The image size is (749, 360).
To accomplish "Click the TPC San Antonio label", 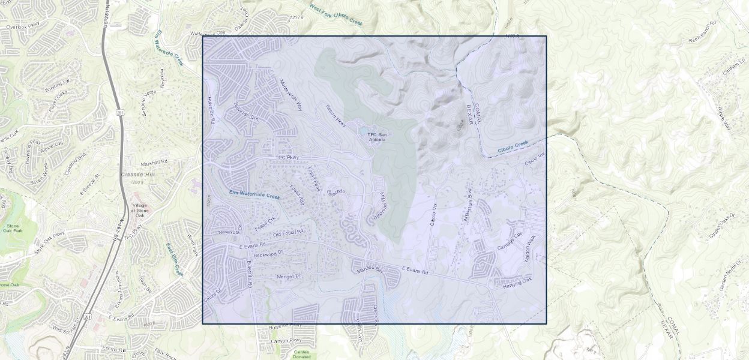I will pos(377,137).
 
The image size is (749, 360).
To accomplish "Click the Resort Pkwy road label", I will pos(335,116).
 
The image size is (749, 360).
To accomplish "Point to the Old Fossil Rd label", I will pos(288,232).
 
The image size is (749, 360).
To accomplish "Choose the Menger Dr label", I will pos(287,277).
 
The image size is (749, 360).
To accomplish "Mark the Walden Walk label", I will pos(531,247).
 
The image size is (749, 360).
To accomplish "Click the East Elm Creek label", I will pos(173,259).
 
